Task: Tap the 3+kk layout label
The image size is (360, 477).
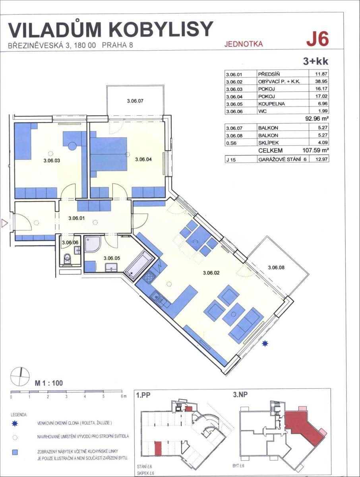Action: point(315,62)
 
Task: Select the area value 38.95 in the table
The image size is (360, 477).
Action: point(321,81)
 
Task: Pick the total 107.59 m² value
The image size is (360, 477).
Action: point(315,150)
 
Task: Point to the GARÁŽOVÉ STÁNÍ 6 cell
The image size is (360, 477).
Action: point(282,159)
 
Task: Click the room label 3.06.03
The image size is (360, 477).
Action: point(52,161)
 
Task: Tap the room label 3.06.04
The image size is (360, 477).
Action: point(143,159)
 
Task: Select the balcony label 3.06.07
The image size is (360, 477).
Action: point(135,101)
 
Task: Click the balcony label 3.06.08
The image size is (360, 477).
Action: point(276,268)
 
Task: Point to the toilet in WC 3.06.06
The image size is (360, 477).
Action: point(68,259)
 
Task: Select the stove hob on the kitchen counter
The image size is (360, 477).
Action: point(149,277)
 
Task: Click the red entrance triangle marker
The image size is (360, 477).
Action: point(4,223)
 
